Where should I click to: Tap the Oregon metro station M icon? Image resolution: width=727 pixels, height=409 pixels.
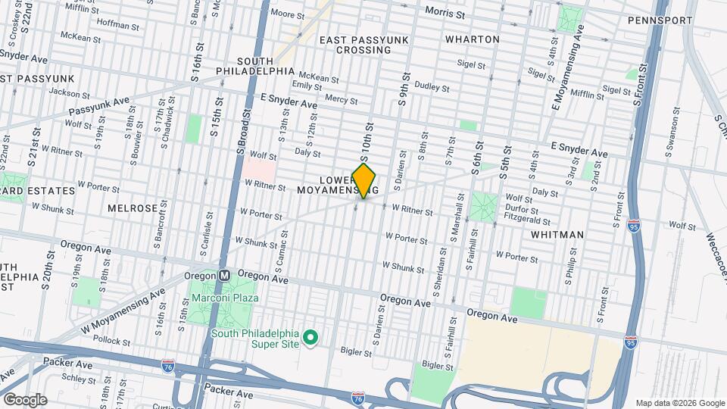[223, 276]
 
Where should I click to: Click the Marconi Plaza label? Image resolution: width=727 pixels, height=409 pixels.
[225, 298]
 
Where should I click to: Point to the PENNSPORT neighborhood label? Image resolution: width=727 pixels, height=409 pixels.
[660, 20]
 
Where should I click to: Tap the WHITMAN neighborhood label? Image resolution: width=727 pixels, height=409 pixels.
[557, 235]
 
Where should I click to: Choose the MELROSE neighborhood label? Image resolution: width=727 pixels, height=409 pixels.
[133, 208]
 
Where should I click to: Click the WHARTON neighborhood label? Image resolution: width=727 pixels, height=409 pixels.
[472, 39]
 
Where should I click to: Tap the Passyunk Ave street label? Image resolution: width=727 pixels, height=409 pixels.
[95, 111]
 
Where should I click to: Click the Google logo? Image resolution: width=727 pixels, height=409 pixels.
[25, 399]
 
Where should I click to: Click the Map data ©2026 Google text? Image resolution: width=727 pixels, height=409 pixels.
[679, 403]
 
